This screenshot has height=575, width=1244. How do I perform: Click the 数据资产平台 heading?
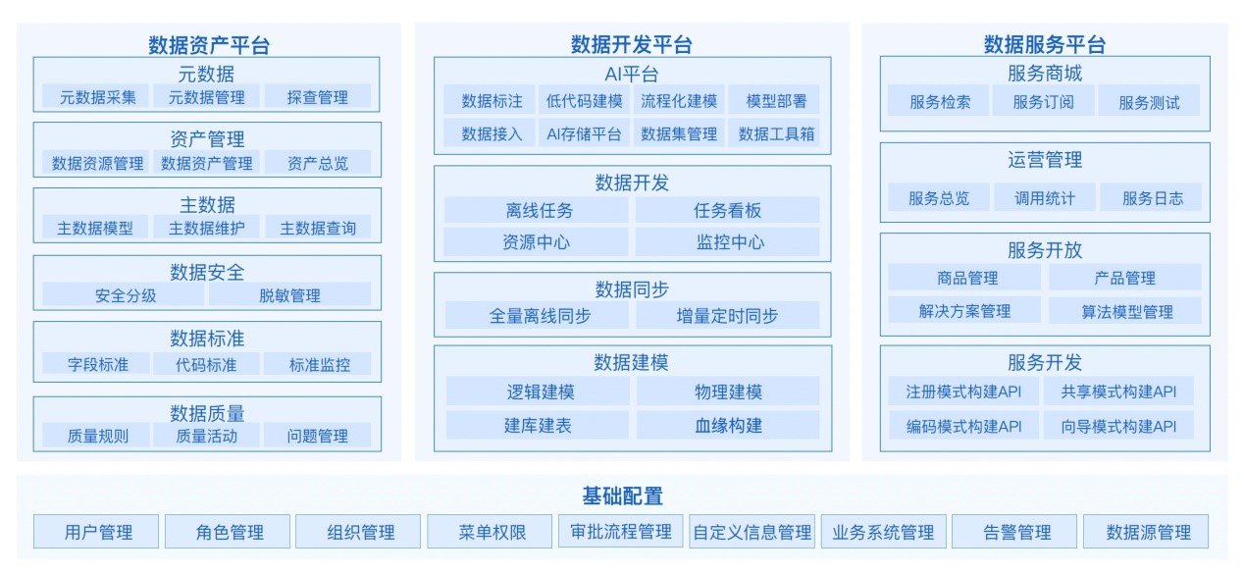pos(209,45)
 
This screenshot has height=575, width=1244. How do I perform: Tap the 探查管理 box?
pos(318,96)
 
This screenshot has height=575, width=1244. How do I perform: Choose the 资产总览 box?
pos(318,162)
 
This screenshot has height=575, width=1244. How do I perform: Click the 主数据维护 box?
pos(207,228)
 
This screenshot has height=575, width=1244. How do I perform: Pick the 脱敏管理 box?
pos(289,294)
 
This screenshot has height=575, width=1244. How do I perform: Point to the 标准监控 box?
pos(318,364)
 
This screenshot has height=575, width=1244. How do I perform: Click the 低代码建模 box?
pos(585,100)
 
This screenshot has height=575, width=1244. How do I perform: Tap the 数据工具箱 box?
pos(774,133)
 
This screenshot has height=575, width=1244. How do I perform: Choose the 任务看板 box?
pos(728,210)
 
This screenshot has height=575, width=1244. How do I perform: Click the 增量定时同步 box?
pos(728,316)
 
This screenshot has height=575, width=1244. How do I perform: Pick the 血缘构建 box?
pos(728,425)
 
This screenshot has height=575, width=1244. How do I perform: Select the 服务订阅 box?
pos(1044,101)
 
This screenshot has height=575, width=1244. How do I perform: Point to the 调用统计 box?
pos(1045,198)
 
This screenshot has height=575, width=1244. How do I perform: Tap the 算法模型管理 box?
pos(1125,310)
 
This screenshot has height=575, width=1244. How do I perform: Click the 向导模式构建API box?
pos(1118,426)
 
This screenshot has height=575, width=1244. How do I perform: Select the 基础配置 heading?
pos(623,497)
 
